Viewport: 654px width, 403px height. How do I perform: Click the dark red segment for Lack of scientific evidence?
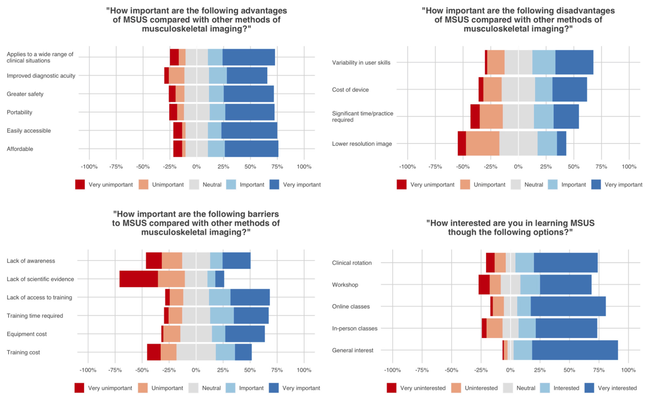point(139,279)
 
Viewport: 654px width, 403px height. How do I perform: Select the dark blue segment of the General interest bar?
point(575,350)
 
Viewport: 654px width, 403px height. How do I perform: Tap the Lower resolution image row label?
point(362,144)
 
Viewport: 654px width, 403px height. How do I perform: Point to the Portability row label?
point(20,112)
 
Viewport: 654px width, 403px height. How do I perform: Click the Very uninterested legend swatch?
point(391,388)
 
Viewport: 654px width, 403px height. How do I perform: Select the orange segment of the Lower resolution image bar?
point(482,144)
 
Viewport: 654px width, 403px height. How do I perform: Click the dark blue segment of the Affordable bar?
point(251,149)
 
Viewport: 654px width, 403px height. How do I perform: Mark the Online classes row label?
point(351,307)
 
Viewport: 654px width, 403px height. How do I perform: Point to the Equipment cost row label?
point(27,334)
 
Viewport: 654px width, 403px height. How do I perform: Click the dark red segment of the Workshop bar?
point(484,285)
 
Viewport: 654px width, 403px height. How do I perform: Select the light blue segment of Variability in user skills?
point(543,62)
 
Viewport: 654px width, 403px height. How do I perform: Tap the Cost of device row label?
point(350,90)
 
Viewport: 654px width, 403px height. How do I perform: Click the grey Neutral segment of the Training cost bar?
point(196,352)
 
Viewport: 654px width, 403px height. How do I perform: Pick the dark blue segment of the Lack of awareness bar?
point(236,261)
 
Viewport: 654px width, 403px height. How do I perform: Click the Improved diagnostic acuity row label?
point(41,76)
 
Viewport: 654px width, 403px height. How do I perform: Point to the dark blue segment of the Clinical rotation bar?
point(565,263)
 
